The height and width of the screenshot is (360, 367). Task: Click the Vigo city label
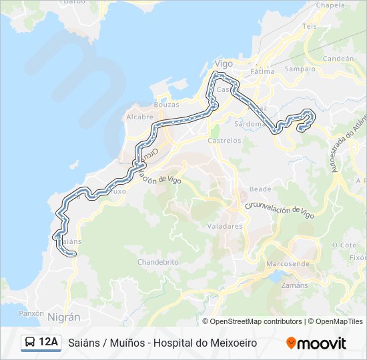223,64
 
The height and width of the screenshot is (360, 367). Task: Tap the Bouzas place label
166,105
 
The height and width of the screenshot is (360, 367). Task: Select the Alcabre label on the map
139,117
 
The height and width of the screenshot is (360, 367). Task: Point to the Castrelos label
224,141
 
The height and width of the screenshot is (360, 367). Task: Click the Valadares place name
225,226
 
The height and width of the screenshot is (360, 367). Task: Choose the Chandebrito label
158,262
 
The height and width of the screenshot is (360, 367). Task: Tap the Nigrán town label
63,317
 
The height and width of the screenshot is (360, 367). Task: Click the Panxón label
31,313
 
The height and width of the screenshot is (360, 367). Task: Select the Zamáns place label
296,285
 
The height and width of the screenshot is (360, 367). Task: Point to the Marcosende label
288,263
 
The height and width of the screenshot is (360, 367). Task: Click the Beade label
260,189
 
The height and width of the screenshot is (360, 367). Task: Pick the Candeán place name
338,59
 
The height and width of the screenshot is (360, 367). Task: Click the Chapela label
330,5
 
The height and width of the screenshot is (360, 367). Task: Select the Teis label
310,26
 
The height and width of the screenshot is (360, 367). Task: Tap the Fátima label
262,71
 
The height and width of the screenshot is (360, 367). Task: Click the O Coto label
344,245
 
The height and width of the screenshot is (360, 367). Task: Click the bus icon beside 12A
30,343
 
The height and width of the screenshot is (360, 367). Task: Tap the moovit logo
316,343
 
